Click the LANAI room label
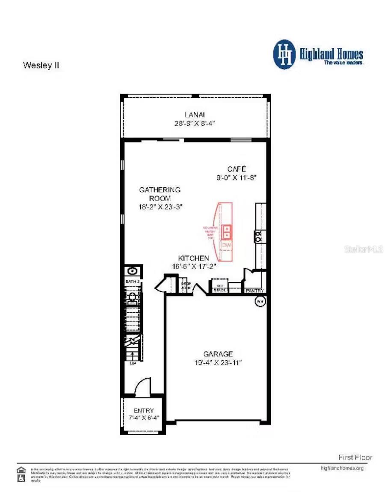pyautogui.click(x=195, y=114)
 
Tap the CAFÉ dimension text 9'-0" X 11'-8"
pyautogui.click(x=237, y=177)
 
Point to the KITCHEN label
pyautogui.click(x=194, y=258)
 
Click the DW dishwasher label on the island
pyautogui.click(x=227, y=246)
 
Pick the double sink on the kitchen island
pyautogui.click(x=227, y=232)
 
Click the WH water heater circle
pyautogui.click(x=260, y=302)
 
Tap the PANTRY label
pyautogui.click(x=255, y=291)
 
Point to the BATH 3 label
pyautogui.click(x=132, y=282)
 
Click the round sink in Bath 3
pyautogui.click(x=133, y=271)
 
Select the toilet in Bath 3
pyautogui.click(x=132, y=297)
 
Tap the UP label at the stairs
pyautogui.click(x=133, y=364)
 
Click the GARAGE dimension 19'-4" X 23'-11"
pyautogui.click(x=218, y=362)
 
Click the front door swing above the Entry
pyautogui.click(x=143, y=387)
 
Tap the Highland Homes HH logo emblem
pyautogui.click(x=284, y=54)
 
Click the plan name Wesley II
pyautogui.click(x=41, y=66)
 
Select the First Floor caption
pyautogui.click(x=355, y=457)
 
